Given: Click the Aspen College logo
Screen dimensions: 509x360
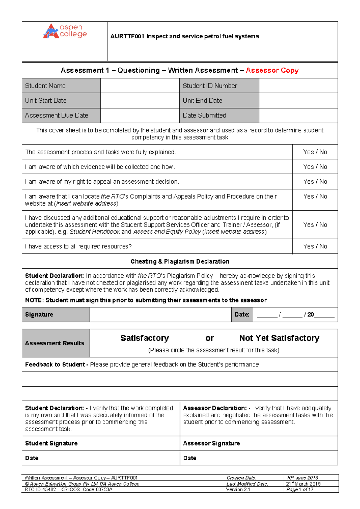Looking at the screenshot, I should tap(65, 31).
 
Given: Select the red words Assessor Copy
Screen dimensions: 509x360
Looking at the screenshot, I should tap(272, 70).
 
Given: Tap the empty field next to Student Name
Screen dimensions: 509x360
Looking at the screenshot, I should tap(140, 86).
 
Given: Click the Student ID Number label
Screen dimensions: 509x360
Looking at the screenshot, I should tap(210, 86).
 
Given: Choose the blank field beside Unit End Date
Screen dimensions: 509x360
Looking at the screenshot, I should tap(298, 101).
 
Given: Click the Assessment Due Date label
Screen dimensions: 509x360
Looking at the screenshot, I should tap(57, 115).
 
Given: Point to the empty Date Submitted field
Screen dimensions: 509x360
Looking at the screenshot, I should tap(298, 115).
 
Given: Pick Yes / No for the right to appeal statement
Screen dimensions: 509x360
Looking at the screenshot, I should tap(315, 182).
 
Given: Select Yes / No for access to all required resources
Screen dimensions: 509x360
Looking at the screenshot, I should tap(315, 246).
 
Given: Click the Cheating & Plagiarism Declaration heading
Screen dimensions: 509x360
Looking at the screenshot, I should tap(180, 261).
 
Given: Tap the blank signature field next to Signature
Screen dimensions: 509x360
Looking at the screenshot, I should tap(160, 315).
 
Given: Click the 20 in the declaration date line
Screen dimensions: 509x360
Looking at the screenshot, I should tap(311, 315).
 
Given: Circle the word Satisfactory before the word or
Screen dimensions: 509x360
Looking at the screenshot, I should tap(145, 338).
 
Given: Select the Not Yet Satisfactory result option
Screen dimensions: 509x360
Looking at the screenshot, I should tap(279, 338).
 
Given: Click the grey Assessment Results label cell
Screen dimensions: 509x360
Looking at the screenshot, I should tap(55, 343).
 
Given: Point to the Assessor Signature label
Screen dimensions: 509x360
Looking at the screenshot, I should tap(211, 443).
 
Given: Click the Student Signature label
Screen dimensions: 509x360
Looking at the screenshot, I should tap(51, 443).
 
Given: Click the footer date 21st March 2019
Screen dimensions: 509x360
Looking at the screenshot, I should tap(303, 484).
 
